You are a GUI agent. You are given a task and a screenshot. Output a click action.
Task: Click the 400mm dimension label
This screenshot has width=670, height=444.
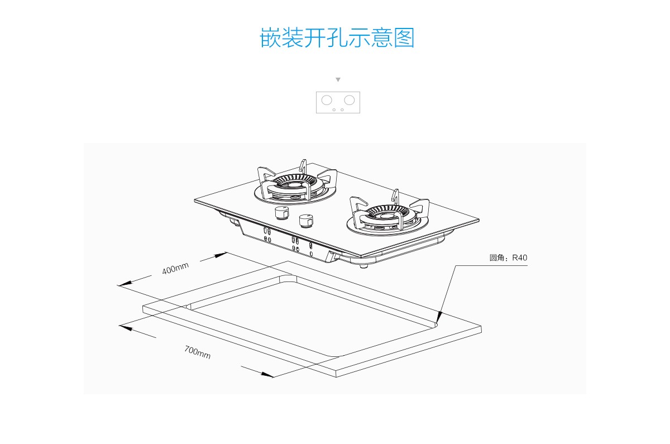(175, 268)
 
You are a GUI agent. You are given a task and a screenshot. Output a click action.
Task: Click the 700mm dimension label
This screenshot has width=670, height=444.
(198, 352)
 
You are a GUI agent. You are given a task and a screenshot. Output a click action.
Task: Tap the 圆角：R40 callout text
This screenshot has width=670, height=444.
(508, 257)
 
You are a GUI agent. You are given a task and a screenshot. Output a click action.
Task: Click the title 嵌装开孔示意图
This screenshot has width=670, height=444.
(337, 37)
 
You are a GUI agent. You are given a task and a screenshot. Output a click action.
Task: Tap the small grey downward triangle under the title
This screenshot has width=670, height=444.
(338, 79)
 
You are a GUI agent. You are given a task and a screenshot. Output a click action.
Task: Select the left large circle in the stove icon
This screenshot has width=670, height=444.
(327, 100)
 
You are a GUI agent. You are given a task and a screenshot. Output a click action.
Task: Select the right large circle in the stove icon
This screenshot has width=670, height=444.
(350, 100)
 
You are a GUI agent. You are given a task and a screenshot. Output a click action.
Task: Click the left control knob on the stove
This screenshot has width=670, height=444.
(282, 213)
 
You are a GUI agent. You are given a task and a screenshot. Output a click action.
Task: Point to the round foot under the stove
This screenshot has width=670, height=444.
(363, 266)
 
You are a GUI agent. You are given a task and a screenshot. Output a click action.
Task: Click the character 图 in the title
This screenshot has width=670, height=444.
(404, 37)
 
